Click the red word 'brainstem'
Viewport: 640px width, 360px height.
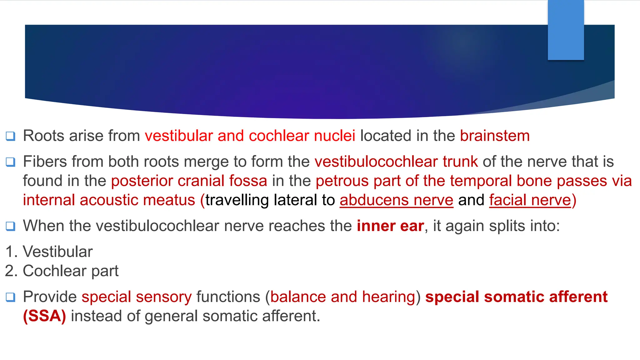pyautogui.click(x=495, y=136)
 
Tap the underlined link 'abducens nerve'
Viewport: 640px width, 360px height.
pyautogui.click(x=396, y=200)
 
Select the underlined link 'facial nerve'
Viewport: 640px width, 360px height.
pyautogui.click(x=530, y=200)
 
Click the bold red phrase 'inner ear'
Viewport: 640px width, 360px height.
pyautogui.click(x=390, y=226)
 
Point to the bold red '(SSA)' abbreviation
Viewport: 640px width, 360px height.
pyautogui.click(x=44, y=316)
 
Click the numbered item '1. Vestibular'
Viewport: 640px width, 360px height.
pyautogui.click(x=49, y=252)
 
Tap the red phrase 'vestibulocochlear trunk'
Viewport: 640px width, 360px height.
pyautogui.click(x=396, y=162)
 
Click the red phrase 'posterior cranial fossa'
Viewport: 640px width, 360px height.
pyautogui.click(x=189, y=181)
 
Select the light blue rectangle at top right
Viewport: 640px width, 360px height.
pyautogui.click(x=566, y=30)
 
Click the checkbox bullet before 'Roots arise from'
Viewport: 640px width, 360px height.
pyautogui.click(x=11, y=136)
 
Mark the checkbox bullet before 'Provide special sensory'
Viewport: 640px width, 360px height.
pyautogui.click(x=11, y=297)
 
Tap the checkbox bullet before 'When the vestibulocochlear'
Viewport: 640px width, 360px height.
pyautogui.click(x=11, y=226)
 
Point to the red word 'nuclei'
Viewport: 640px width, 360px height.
pyautogui.click(x=334, y=136)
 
